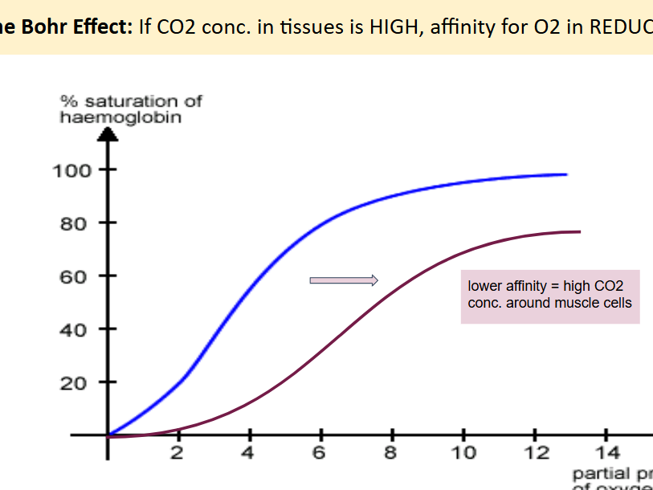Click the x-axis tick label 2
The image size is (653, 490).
click(x=178, y=453)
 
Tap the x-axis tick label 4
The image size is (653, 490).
click(x=249, y=453)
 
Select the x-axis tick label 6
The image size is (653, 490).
click(x=320, y=453)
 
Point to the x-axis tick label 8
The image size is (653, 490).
click(x=391, y=453)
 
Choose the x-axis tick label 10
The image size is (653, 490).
click(x=464, y=453)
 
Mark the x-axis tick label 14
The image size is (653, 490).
click(x=606, y=453)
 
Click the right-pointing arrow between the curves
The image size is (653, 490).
click(x=344, y=280)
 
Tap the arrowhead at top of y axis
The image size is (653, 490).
click(x=108, y=133)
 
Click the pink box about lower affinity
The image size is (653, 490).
click(x=550, y=296)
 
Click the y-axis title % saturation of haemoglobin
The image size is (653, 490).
click(x=131, y=108)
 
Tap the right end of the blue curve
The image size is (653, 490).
click(x=566, y=174)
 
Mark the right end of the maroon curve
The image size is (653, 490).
click(x=579, y=231)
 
